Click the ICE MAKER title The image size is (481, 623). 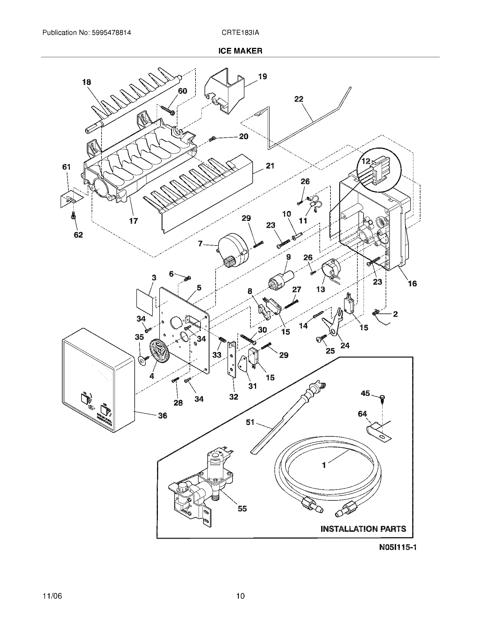click(x=240, y=51)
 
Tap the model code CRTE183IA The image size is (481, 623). click(x=240, y=33)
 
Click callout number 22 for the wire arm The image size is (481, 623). click(x=299, y=99)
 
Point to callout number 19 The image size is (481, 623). click(x=263, y=76)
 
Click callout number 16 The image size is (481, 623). click(x=412, y=283)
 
